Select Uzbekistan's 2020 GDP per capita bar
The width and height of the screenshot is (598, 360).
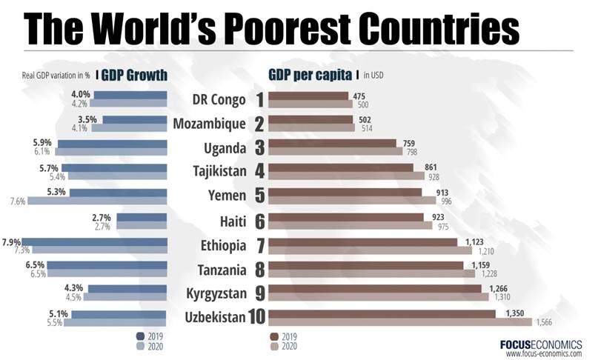pyautogui.click(x=400, y=322)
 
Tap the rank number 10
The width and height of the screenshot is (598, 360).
pyautogui.click(x=257, y=317)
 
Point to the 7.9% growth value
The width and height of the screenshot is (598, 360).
pyautogui.click(x=11, y=241)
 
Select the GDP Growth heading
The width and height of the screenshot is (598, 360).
pyautogui.click(x=134, y=75)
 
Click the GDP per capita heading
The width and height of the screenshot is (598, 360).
pyautogui.click(x=310, y=75)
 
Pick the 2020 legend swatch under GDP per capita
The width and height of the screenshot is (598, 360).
pyautogui.click(x=274, y=346)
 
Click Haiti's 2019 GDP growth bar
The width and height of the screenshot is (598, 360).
pyautogui.click(x=141, y=218)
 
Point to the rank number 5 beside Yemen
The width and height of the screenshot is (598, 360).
pyautogui.click(x=259, y=196)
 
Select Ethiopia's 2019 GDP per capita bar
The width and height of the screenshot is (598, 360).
pyautogui.click(x=362, y=241)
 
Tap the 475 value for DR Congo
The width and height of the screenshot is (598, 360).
pyautogui.click(x=360, y=96)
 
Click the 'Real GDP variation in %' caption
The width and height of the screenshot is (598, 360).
pyautogui.click(x=56, y=75)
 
